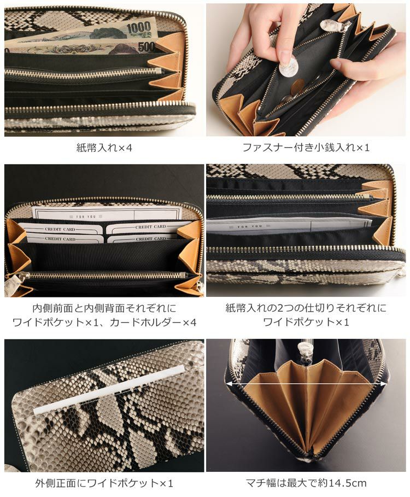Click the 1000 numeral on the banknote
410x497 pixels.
click(139, 28)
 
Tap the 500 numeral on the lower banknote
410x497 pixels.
click(147, 47)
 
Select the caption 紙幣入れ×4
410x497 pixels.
click(104, 148)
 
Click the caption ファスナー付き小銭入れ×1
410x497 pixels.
click(306, 148)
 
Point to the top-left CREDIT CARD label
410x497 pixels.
click(60, 229)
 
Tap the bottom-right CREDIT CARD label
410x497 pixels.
click(151, 238)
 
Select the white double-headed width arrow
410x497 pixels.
click(306, 383)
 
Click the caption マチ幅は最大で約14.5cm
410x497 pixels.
click(306, 483)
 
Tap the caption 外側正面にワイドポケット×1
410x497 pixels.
click(104, 483)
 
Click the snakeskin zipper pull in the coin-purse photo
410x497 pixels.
click(330, 24)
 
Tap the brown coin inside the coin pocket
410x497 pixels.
click(297, 87)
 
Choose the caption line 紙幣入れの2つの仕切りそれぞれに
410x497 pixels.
click(306, 308)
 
